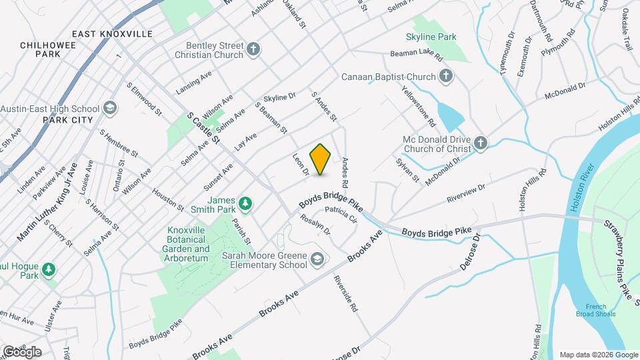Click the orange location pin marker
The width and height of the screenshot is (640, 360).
tap(321, 159)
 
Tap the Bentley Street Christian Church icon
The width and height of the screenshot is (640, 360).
tap(253, 49)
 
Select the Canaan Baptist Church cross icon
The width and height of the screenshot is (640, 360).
tap(446, 77)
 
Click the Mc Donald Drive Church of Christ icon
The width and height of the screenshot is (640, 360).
tap(480, 142)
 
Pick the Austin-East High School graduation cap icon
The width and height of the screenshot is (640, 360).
tap(111, 108)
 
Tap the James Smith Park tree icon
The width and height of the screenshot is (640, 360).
tap(245, 202)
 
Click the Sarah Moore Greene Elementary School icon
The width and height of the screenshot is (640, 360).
tap(317, 258)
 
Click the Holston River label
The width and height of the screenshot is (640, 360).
tap(577, 194)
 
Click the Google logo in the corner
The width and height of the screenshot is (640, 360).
tap(22, 351)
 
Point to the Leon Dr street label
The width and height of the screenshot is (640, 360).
tap(299, 165)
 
